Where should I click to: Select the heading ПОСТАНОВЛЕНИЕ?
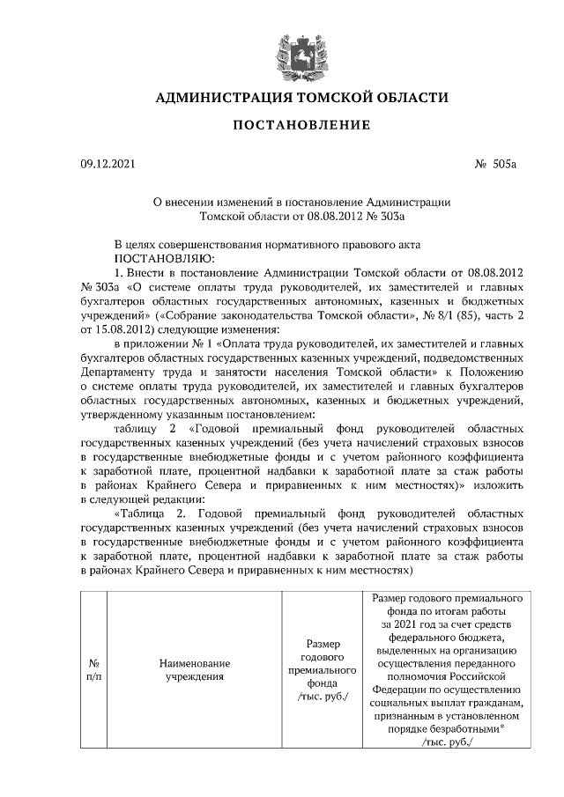301,125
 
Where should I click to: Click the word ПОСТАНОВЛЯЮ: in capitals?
164,258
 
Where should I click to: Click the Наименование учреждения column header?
195,670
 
